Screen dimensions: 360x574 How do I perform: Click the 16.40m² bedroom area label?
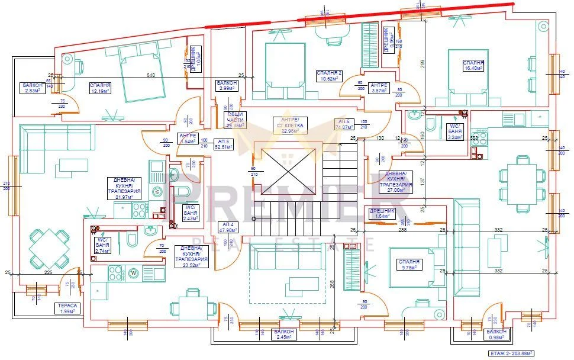pyautogui.click(x=473, y=65)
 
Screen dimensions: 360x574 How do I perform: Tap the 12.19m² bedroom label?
pyautogui.click(x=100, y=88)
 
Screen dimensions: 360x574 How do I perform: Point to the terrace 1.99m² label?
pyautogui.click(x=65, y=308)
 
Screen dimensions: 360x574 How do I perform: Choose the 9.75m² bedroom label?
pyautogui.click(x=408, y=264)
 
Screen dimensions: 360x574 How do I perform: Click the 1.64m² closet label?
pyautogui.click(x=381, y=213)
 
